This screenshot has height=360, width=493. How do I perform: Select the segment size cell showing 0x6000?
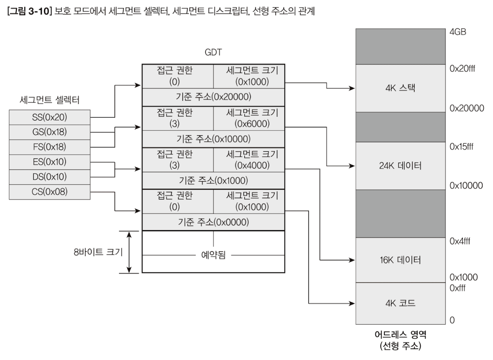tap(248, 119)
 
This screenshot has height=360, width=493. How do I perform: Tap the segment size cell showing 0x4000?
tap(248, 160)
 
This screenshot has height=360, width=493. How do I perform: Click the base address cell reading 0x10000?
tap(213, 139)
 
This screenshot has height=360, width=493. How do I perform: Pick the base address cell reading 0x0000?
tap(213, 222)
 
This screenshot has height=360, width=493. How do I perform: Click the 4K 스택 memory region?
tap(400, 88)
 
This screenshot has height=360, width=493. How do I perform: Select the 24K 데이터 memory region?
tap(400, 166)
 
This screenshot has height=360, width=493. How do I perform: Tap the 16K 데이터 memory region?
tap(400, 260)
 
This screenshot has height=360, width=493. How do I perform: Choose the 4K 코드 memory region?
tap(400, 303)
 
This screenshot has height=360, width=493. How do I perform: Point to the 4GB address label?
tap(458, 32)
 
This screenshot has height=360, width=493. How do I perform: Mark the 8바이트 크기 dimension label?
tap(97, 252)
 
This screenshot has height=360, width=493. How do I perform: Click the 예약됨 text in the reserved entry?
tap(213, 255)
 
